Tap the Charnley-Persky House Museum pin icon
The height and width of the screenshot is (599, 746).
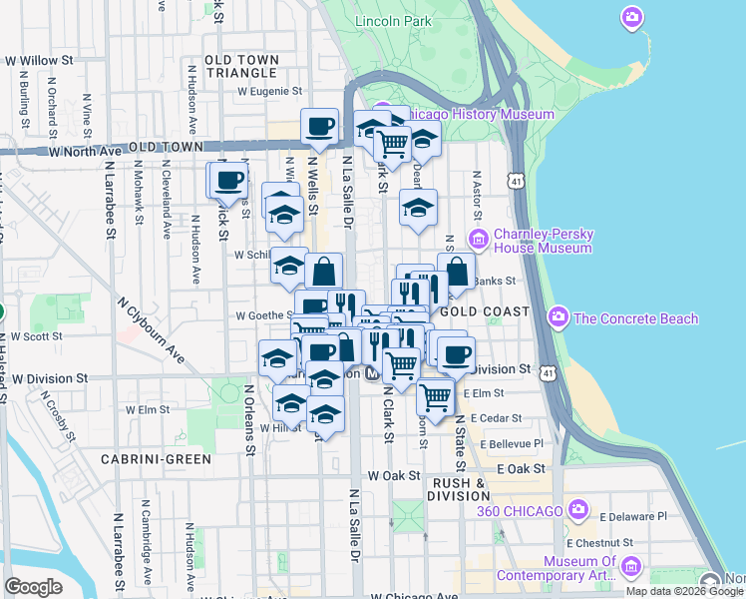click(x=478, y=239)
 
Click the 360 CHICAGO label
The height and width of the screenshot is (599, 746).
click(x=521, y=512)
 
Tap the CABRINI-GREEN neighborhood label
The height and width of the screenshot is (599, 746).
click(x=157, y=459)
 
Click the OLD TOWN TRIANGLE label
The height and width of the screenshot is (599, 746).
click(x=240, y=67)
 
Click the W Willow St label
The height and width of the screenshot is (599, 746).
click(x=40, y=61)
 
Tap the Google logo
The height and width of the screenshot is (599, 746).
click(x=33, y=586)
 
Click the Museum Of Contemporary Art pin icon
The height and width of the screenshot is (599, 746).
click(x=629, y=567)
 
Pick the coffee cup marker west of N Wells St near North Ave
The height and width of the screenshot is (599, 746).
click(x=226, y=180)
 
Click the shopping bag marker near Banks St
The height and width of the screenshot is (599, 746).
click(x=456, y=270)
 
